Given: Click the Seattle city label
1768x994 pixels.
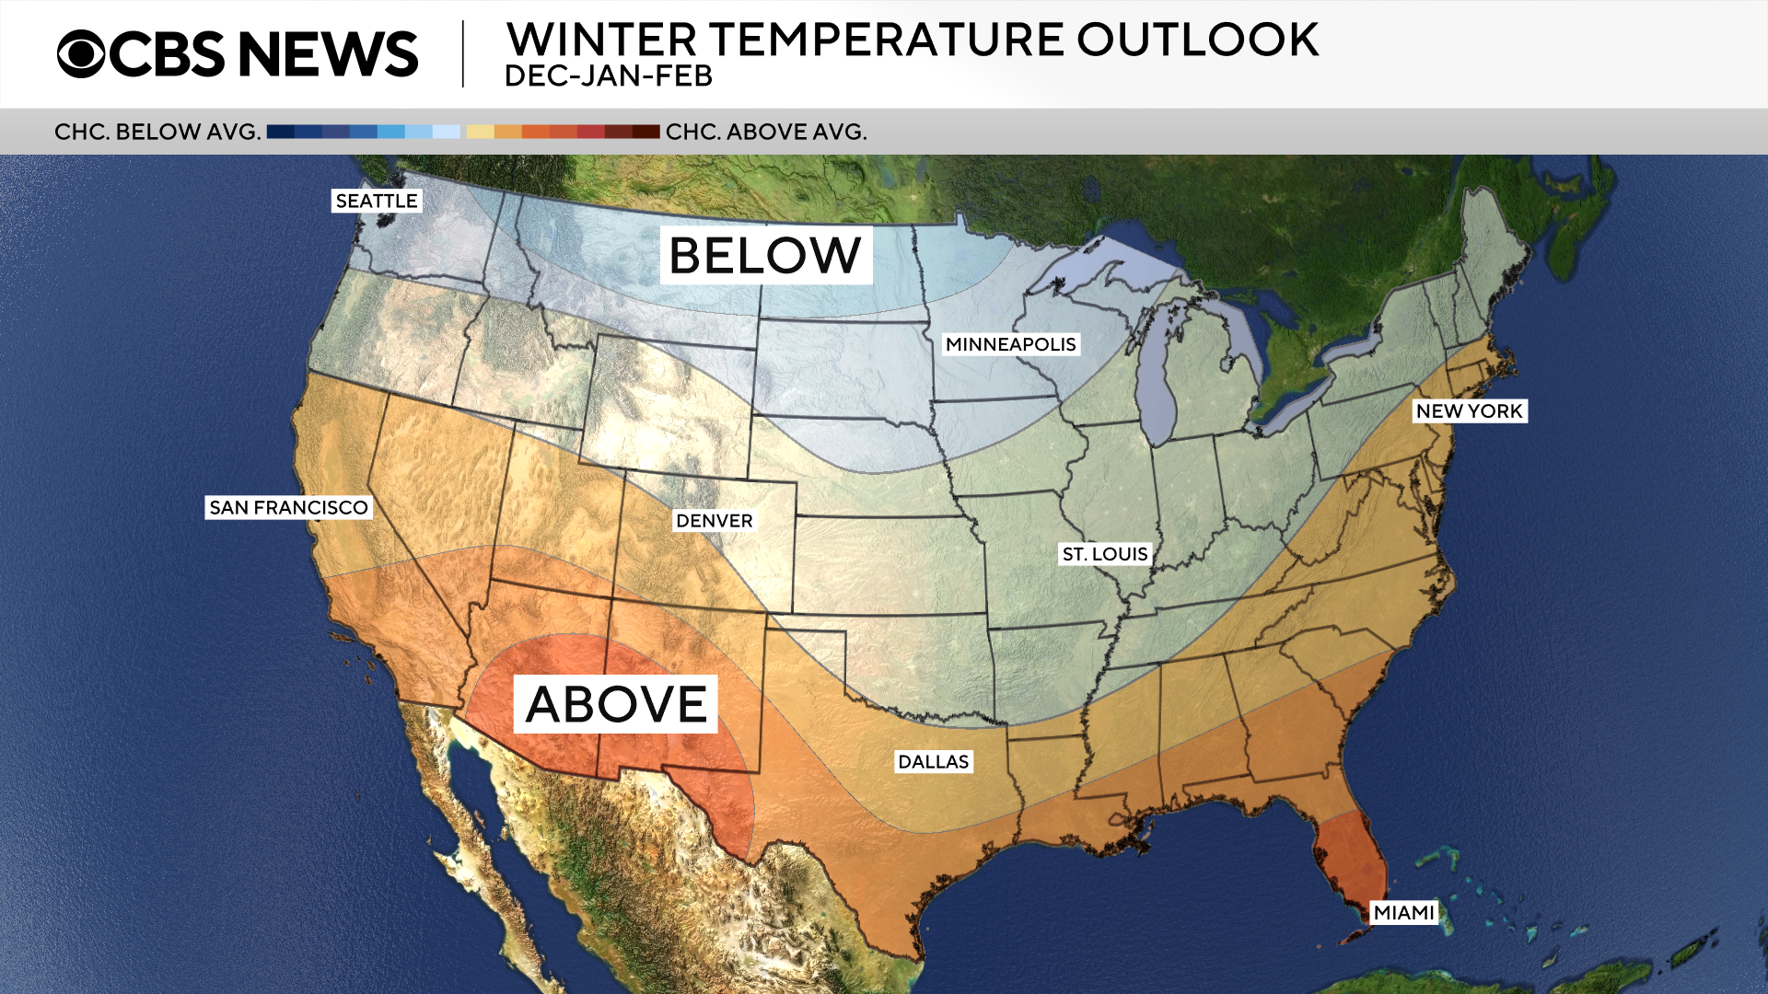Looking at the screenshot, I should (x=377, y=201).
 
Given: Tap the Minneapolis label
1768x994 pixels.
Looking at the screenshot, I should (x=1010, y=344).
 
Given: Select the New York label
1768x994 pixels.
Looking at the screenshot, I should (x=1470, y=411).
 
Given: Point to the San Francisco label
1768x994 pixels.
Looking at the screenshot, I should (x=288, y=507).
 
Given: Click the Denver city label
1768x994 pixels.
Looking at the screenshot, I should (x=714, y=521).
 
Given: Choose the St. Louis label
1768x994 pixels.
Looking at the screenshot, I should (x=1105, y=554).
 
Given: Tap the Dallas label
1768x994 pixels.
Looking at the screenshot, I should (x=933, y=762).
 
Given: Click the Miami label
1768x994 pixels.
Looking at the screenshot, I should (x=1404, y=912).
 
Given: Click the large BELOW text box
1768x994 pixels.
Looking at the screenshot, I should (x=765, y=255).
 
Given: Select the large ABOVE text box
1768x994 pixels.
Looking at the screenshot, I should (x=615, y=704).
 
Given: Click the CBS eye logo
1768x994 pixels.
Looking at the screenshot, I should (x=82, y=53).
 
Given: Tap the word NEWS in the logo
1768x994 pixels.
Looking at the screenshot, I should (x=328, y=53).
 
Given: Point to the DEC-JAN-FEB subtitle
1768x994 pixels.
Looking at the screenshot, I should (x=609, y=76).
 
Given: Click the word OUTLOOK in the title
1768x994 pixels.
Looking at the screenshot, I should (x=1197, y=40).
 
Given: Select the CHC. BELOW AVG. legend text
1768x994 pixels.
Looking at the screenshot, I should (x=157, y=132).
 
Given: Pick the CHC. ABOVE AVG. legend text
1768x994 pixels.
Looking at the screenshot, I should (x=766, y=132).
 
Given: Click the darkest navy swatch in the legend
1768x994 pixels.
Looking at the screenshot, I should (x=280, y=132).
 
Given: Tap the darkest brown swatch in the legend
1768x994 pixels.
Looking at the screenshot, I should (x=646, y=132).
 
